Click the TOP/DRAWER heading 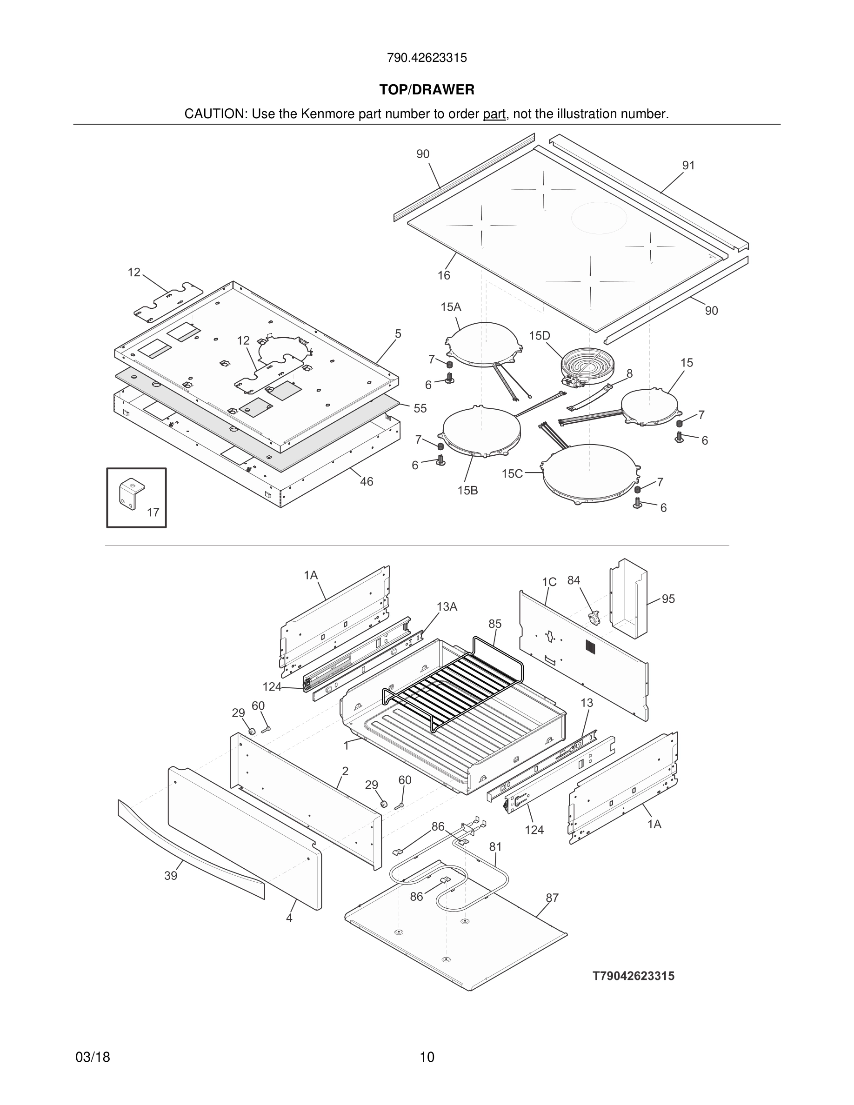427,90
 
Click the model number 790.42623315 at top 427,58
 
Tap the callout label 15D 539,335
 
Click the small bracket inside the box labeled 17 131,493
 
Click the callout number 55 420,408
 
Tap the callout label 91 688,166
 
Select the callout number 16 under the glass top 444,275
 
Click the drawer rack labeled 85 455,678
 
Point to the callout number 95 668,599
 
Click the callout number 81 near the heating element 495,846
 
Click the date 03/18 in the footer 93,1057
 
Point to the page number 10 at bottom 427,1057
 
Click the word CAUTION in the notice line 214,114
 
